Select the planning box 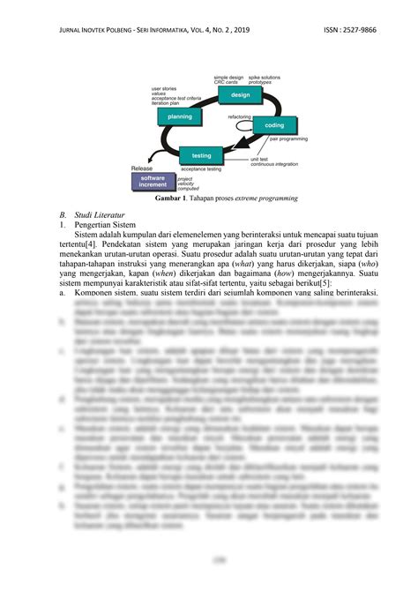[x=179, y=116]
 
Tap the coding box [x=274, y=126]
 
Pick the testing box [x=201, y=155]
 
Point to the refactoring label [x=240, y=116]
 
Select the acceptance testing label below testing [x=201, y=168]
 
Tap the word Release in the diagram [x=142, y=168]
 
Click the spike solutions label [x=265, y=77]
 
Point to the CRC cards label [x=226, y=82]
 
